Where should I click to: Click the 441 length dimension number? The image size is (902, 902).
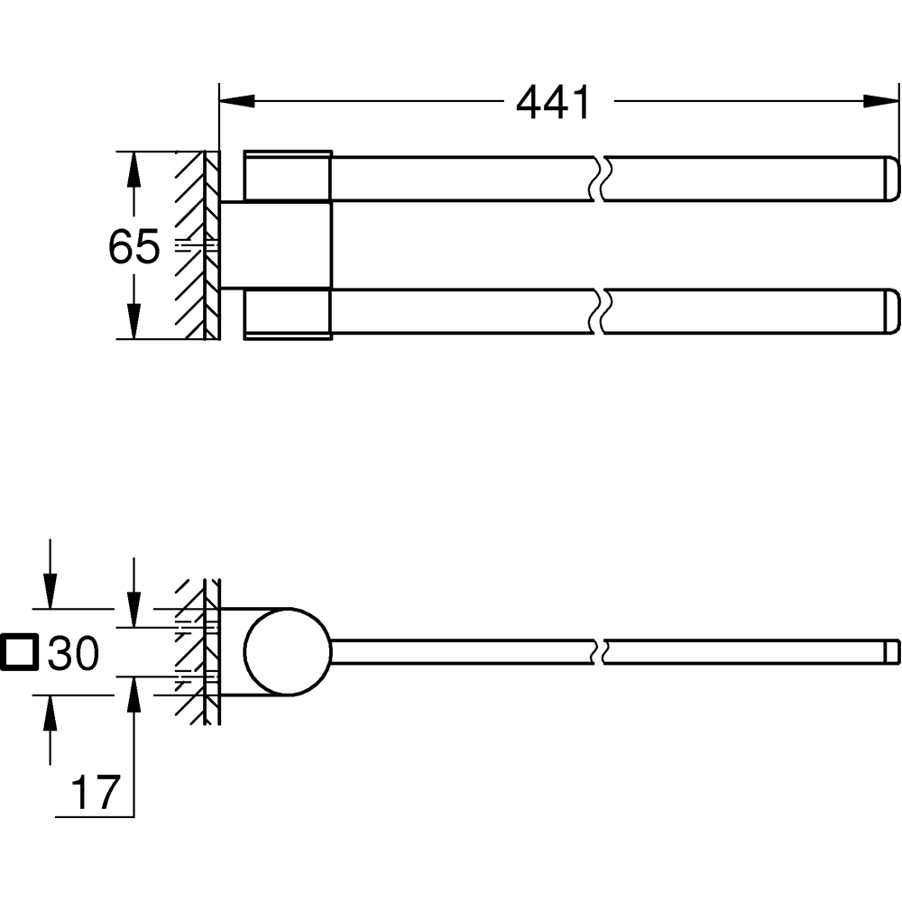click(553, 103)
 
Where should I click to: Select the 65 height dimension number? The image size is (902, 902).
click(133, 246)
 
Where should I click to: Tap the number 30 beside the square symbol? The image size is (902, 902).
click(73, 653)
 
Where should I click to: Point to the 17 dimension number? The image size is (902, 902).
click(95, 793)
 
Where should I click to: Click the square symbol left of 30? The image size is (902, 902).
click(20, 653)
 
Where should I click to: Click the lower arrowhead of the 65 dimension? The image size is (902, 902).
click(133, 321)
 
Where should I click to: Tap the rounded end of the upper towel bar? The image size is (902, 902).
click(889, 179)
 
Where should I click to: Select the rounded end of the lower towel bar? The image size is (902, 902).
click(889, 311)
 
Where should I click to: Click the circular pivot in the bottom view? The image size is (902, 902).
click(289, 652)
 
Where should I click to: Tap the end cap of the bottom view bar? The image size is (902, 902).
click(891, 652)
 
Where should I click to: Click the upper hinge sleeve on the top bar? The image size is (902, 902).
click(287, 173)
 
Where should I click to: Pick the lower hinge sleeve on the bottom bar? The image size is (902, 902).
click(287, 314)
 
